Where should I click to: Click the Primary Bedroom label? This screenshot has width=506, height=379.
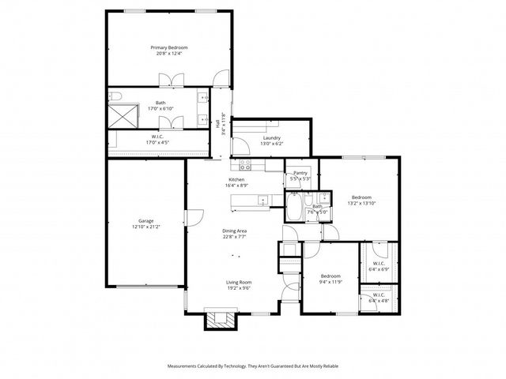click(x=169, y=47)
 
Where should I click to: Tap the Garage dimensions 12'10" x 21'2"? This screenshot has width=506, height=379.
click(x=145, y=227)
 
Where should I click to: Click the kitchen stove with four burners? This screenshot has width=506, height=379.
click(x=245, y=165)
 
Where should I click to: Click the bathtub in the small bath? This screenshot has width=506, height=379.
click(x=291, y=211)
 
